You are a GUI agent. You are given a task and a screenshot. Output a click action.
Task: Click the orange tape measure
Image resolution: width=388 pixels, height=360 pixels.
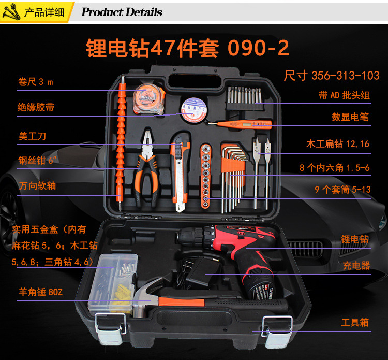pyautogui.click(x=148, y=99)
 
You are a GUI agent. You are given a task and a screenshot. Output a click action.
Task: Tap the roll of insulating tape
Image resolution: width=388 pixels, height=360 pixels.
pyautogui.click(x=193, y=110)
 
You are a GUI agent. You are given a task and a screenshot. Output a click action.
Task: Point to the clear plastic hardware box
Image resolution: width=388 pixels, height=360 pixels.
pyautogui.click(x=113, y=284)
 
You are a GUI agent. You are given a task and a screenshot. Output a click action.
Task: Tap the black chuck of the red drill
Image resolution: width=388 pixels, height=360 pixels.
pyautogui.click(x=190, y=237)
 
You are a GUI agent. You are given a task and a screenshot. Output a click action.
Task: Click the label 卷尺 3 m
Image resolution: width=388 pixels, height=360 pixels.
pyautogui.click(x=35, y=82)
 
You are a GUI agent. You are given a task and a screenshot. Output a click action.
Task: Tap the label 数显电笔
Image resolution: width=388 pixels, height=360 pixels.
pyautogui.click(x=350, y=117)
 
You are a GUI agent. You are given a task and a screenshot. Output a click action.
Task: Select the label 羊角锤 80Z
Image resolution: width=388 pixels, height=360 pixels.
pyautogui.click(x=40, y=292)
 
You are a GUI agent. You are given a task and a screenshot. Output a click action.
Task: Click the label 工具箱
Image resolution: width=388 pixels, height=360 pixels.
pyautogui.click(x=355, y=322)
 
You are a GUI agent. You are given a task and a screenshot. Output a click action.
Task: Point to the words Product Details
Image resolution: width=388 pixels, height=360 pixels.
pyautogui.click(x=122, y=12)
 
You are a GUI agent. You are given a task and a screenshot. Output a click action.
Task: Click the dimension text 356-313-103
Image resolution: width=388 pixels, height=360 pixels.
pyautogui.click(x=345, y=75)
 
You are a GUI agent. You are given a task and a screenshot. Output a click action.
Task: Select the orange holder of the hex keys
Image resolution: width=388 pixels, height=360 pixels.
pyautogui.click(x=233, y=165)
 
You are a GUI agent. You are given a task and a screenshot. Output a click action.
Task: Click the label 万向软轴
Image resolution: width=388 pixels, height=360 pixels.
pyautogui.click(x=37, y=186)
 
